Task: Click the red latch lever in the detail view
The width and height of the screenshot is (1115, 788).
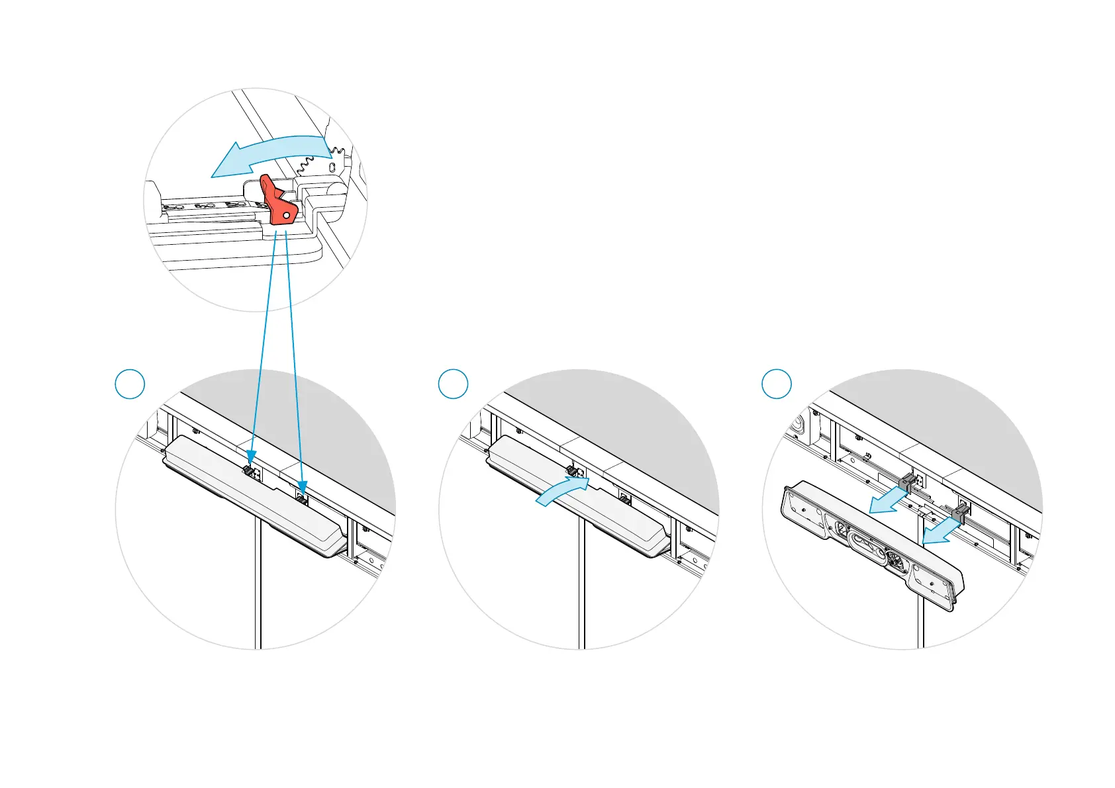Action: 277,202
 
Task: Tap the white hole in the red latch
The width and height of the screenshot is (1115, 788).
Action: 286,216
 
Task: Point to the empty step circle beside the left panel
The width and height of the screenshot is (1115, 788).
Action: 130,384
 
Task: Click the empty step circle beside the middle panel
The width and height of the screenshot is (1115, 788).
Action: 453,384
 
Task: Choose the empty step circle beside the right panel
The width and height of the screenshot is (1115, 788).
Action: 777,384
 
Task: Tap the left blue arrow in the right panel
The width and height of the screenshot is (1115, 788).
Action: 889,502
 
